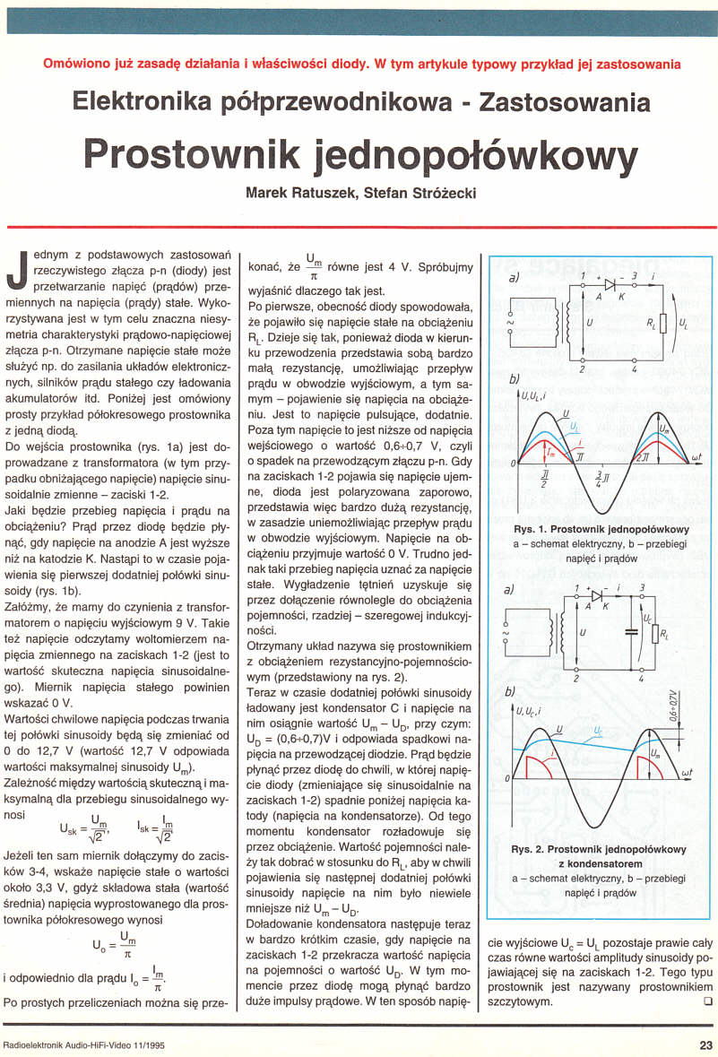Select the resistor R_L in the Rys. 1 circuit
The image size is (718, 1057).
(662, 320)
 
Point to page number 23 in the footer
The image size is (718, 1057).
(705, 1044)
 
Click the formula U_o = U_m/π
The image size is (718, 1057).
(117, 942)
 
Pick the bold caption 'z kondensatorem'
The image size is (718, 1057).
(600, 862)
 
